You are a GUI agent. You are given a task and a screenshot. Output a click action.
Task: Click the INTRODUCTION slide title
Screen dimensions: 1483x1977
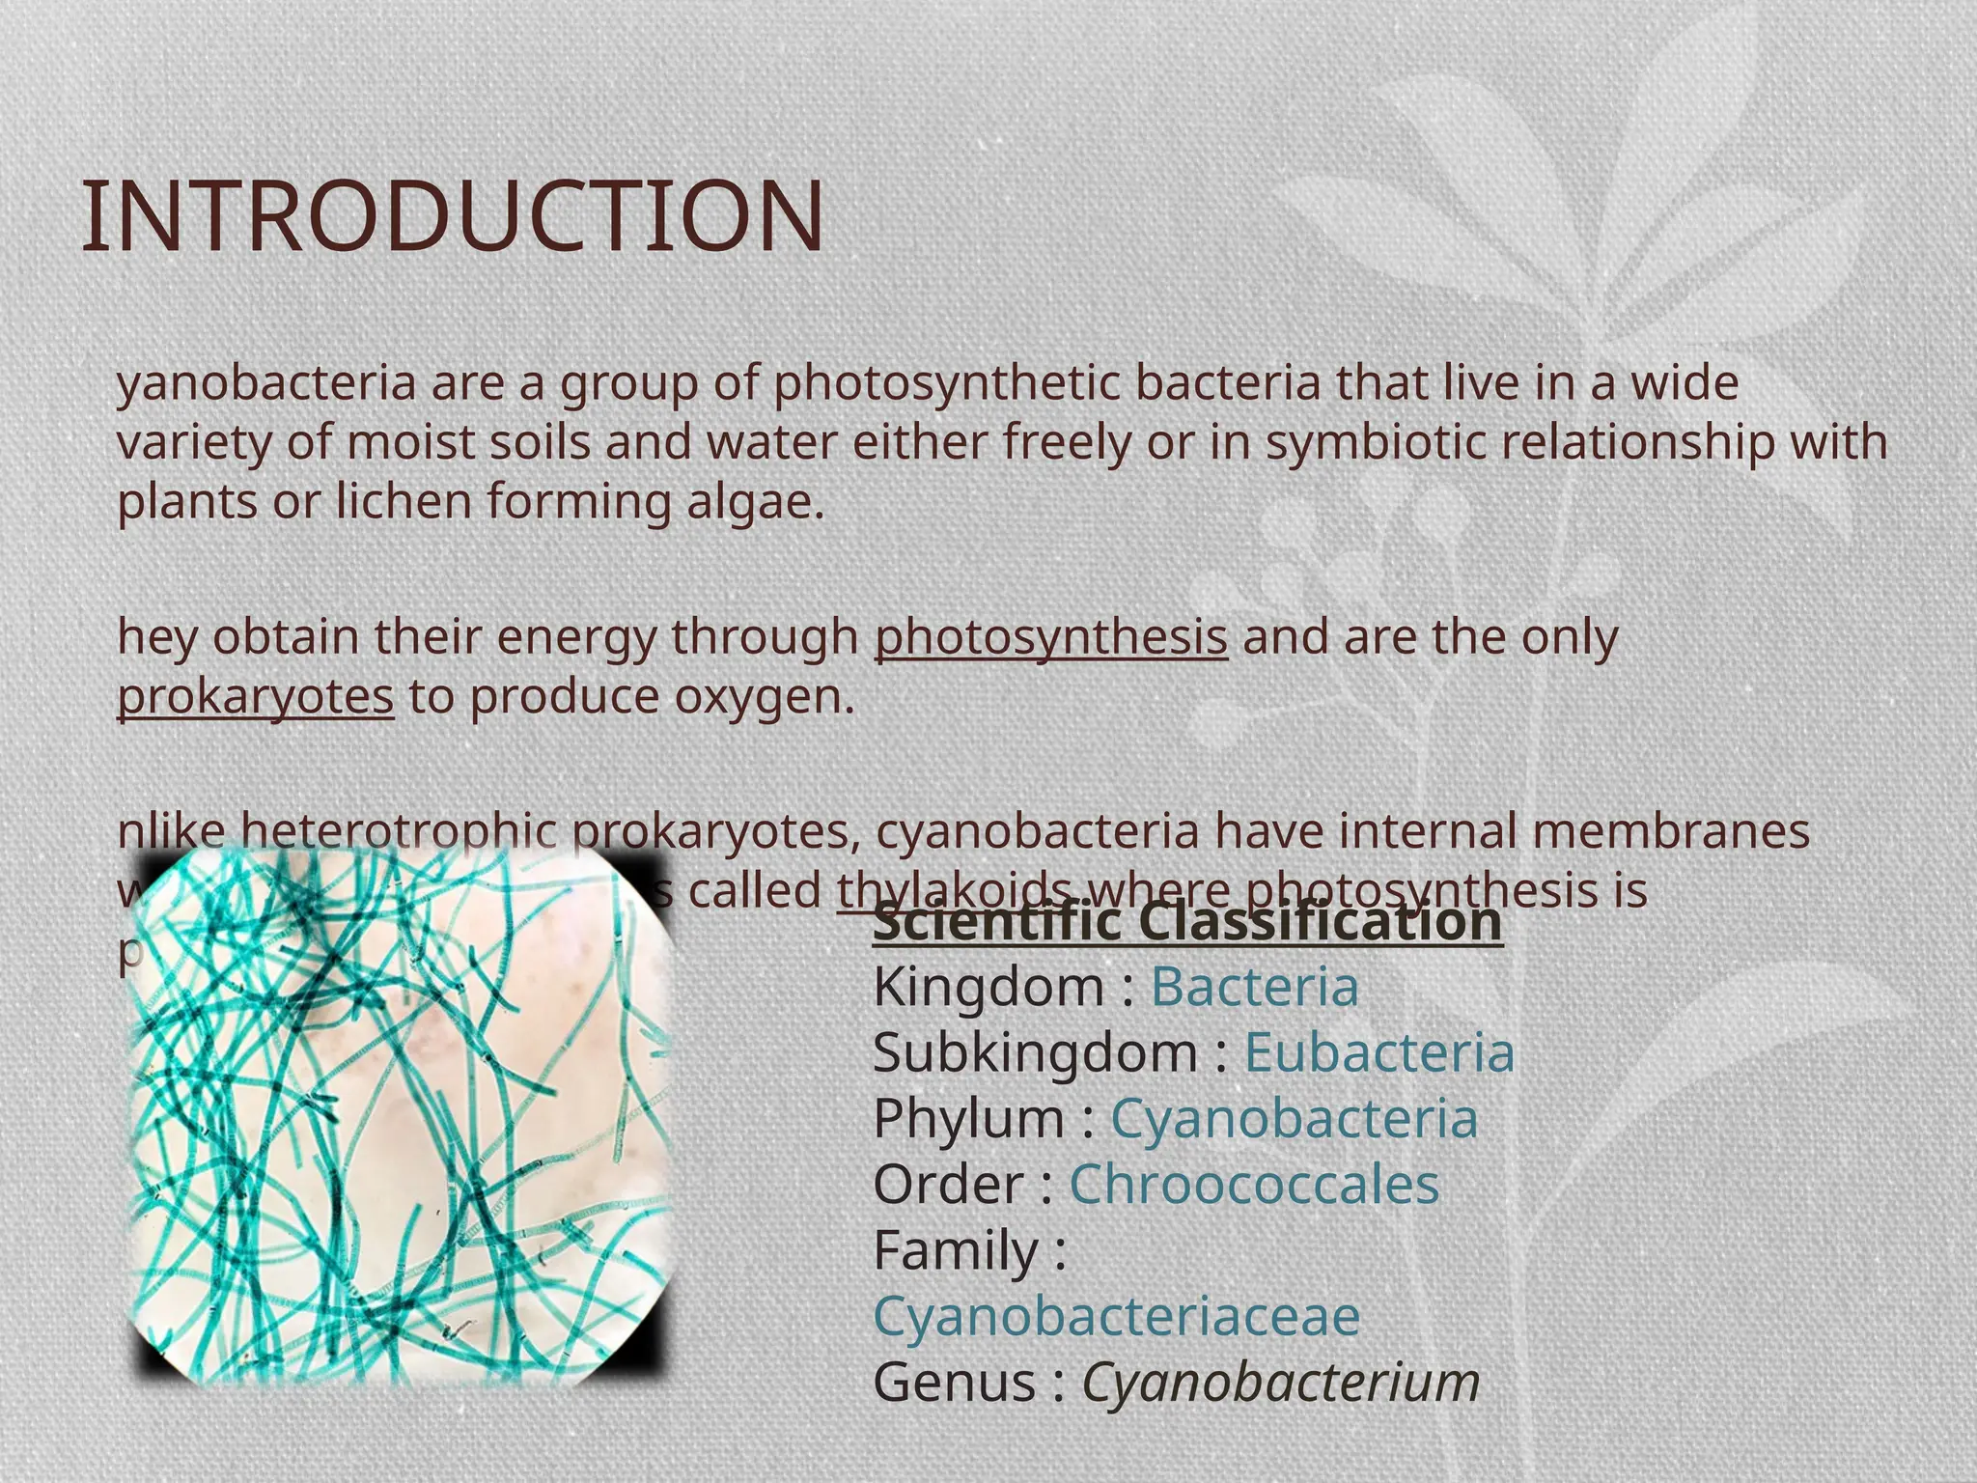[453, 217]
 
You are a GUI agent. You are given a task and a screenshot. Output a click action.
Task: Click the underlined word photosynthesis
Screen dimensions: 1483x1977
[1051, 638]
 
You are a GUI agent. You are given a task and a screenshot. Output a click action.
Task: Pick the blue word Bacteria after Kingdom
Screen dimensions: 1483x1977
[1254, 988]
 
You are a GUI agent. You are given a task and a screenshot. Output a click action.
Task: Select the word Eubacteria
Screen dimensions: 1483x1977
[1378, 1053]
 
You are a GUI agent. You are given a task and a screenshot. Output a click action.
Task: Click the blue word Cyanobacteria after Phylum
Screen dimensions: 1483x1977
[1294, 1119]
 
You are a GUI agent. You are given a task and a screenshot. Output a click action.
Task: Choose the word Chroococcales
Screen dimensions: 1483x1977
[1254, 1185]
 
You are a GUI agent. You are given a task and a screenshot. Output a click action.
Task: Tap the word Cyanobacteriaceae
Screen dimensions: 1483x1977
[1117, 1316]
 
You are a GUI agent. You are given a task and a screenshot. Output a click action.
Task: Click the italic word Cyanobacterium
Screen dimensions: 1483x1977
[1280, 1382]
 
